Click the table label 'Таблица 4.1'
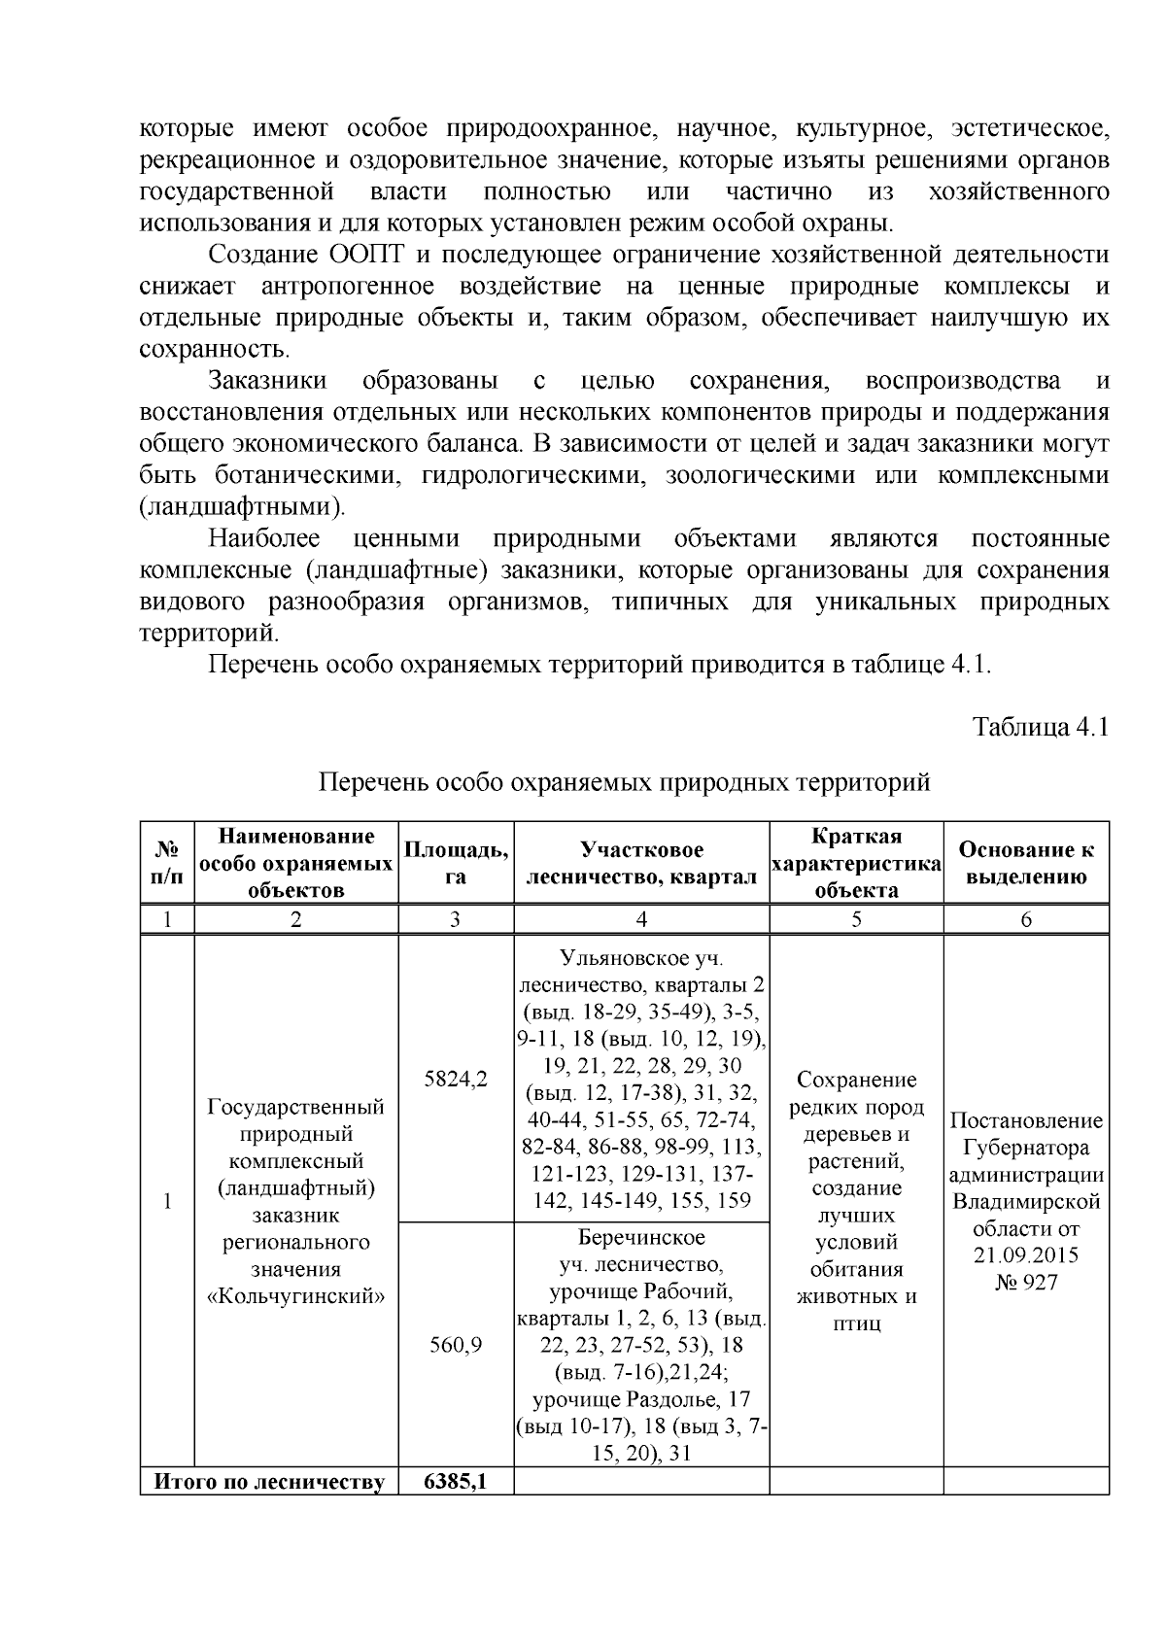click(1041, 728)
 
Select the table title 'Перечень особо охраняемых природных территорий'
click(625, 782)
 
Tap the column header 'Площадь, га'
click(455, 863)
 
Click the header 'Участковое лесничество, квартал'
click(640, 863)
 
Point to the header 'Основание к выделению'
click(1025, 863)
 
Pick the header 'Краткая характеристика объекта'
click(855, 863)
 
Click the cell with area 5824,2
click(456, 1079)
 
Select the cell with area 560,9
click(456, 1345)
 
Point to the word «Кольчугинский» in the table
click(295, 1296)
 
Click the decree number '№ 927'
click(1025, 1283)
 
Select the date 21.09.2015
click(1025, 1255)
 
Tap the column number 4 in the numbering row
click(640, 920)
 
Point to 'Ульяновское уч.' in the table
click(641, 958)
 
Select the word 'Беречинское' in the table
click(641, 1237)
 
